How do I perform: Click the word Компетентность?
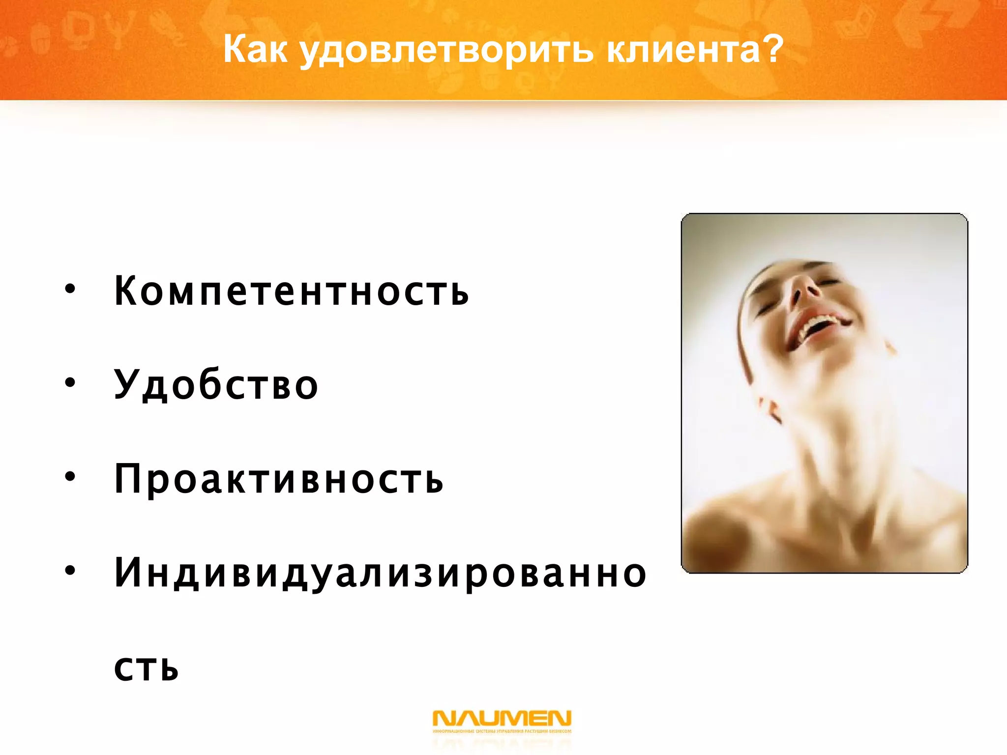pos(291,290)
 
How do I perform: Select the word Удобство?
pos(216,385)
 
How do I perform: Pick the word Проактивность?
pos(278,479)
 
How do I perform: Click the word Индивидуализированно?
pos(380,574)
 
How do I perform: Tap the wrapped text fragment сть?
pos(146,667)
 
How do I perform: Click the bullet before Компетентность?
pos(70,289)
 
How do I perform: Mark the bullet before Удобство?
pos(70,382)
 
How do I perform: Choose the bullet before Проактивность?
pos(70,476)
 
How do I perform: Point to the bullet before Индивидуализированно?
pos(70,570)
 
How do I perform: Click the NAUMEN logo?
pos(502,718)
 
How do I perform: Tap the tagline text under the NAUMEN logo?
pos(502,731)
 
